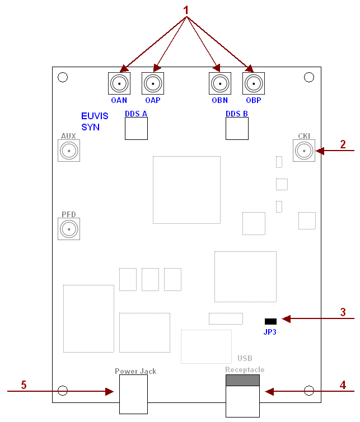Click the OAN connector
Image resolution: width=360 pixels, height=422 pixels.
(119, 84)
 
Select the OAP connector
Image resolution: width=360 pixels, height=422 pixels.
(153, 84)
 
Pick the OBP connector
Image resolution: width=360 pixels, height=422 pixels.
(254, 84)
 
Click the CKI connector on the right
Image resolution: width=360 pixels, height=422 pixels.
(303, 151)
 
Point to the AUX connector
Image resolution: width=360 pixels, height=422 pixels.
(69, 151)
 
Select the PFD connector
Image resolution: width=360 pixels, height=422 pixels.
(69, 229)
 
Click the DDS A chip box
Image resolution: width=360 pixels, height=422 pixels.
(136, 129)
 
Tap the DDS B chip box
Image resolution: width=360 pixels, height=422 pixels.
(237, 129)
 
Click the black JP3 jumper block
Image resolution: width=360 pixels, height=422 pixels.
(270, 321)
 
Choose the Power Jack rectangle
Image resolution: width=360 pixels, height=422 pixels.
(133, 394)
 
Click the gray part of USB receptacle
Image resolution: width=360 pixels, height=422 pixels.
(242, 381)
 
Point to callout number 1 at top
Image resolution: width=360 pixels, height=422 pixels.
(186, 10)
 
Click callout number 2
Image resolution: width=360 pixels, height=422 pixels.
(343, 144)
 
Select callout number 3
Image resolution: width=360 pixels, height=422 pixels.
(343, 312)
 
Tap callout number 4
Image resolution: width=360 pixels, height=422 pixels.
(343, 385)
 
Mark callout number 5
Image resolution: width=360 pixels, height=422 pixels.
(24, 385)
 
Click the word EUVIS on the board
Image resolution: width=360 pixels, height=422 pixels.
(93, 116)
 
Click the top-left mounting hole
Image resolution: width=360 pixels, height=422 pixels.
(63, 77)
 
